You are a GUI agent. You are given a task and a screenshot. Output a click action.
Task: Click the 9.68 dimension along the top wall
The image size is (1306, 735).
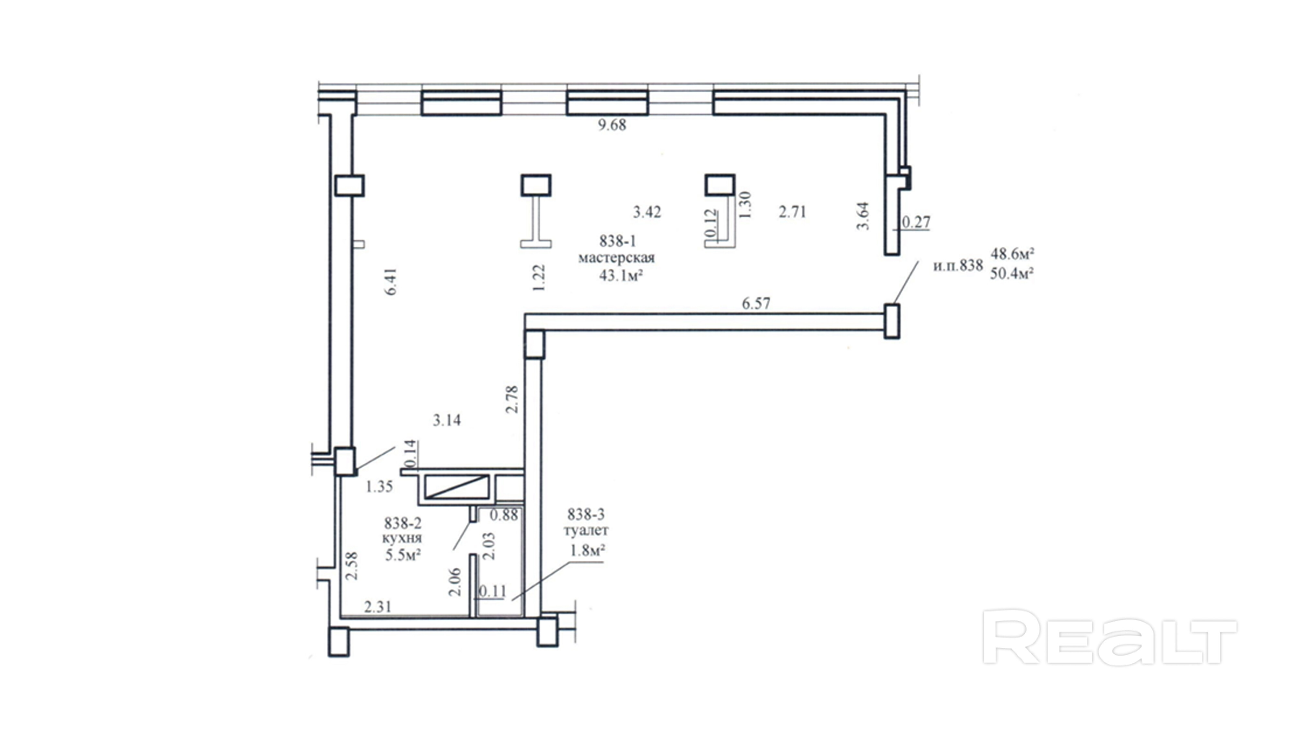(612, 125)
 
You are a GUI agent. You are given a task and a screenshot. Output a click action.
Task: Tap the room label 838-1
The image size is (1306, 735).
(617, 240)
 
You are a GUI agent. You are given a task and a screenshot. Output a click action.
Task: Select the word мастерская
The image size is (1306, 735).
(616, 258)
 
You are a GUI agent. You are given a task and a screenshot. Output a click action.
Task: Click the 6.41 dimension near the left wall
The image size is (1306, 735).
(391, 282)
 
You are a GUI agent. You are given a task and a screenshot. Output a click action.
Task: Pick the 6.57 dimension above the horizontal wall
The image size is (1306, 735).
(756, 303)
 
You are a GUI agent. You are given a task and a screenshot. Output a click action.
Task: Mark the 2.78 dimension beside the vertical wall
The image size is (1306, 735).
(512, 399)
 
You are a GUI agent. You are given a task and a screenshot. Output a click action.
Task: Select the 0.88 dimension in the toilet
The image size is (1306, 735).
(504, 515)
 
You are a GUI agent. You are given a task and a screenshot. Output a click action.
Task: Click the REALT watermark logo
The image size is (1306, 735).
(1110, 637)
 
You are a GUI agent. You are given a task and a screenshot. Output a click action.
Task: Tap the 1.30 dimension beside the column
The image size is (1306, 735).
(745, 204)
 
